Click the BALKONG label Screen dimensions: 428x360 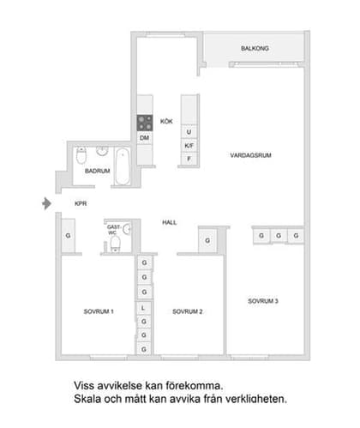click(255, 49)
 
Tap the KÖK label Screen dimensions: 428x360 click(166, 122)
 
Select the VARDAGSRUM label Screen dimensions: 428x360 click(251, 155)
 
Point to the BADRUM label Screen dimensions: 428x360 click(97, 172)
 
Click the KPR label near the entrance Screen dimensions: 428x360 click(81, 203)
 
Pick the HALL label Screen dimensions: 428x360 click(170, 222)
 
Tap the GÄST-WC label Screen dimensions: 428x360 click(111, 230)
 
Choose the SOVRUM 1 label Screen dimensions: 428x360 click(99, 310)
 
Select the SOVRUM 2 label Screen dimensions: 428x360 click(187, 310)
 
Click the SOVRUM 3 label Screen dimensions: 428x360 click(263, 300)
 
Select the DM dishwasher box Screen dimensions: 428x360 click(144, 138)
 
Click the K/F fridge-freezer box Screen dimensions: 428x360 click(189, 146)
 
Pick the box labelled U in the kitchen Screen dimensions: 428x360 click(189, 132)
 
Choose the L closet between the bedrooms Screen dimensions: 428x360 click(144, 306)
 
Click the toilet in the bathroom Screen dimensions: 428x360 click(80, 158)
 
